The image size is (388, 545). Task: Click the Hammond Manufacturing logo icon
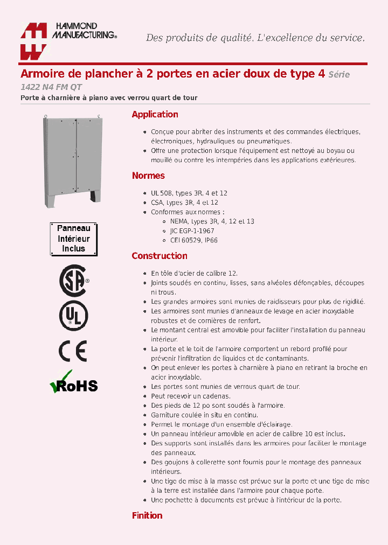[x=34, y=41]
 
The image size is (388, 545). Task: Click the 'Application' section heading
[x=155, y=114]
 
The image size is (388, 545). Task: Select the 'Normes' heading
[x=148, y=176]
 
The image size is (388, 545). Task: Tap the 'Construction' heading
[x=160, y=256]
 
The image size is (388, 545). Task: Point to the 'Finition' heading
[x=147, y=515]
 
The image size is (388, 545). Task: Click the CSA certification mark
[x=73, y=281]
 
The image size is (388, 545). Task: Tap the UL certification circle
[x=73, y=316]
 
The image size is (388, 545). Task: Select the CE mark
[x=73, y=351]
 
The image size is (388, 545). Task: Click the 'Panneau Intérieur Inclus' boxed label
[x=74, y=239]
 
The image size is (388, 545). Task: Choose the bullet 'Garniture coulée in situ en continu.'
[x=204, y=415]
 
